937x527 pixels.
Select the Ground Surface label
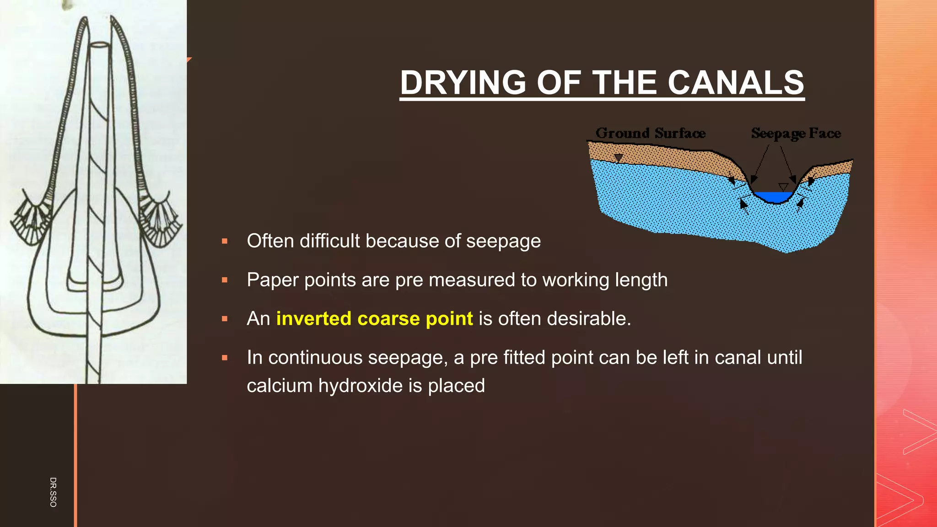click(x=650, y=133)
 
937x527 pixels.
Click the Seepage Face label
click(x=796, y=133)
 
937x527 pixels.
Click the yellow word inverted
click(x=313, y=319)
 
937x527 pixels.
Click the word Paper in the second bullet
click(x=272, y=280)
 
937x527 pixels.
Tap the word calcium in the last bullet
click(x=279, y=386)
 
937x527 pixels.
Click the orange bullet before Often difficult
click(x=225, y=241)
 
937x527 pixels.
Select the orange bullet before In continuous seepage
click(x=225, y=358)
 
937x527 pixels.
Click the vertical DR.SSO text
click(x=53, y=492)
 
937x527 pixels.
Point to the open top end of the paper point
click(x=100, y=46)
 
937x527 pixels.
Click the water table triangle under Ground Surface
click(x=619, y=158)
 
